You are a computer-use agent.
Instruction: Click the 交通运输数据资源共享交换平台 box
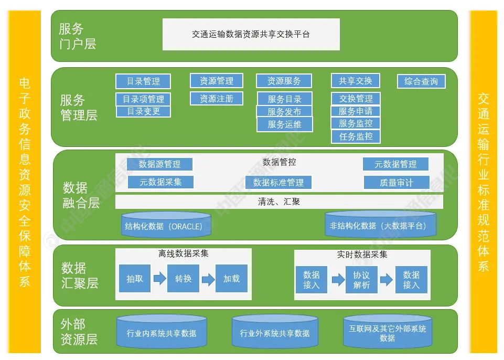click(251, 35)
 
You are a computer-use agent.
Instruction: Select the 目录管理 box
click(143, 81)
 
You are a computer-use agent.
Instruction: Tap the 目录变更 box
click(143, 111)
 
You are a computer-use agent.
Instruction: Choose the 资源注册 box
click(217, 98)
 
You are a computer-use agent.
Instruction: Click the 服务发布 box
click(284, 111)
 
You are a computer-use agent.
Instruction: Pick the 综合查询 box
click(421, 81)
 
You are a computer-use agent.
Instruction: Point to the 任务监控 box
click(356, 136)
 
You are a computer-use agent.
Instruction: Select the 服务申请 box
click(356, 111)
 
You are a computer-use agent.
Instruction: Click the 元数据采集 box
click(160, 182)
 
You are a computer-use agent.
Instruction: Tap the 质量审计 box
click(396, 183)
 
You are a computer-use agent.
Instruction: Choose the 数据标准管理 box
click(278, 183)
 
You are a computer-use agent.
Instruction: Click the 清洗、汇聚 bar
click(279, 202)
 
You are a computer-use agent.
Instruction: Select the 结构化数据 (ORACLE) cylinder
click(166, 225)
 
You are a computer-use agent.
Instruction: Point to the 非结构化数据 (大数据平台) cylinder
click(381, 225)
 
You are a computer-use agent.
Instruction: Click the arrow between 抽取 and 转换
click(159, 279)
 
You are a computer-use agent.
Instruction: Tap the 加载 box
click(231, 279)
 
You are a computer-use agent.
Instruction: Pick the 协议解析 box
click(361, 280)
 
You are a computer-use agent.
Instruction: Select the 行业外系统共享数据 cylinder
click(275, 332)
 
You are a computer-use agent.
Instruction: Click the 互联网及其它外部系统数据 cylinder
click(388, 332)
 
